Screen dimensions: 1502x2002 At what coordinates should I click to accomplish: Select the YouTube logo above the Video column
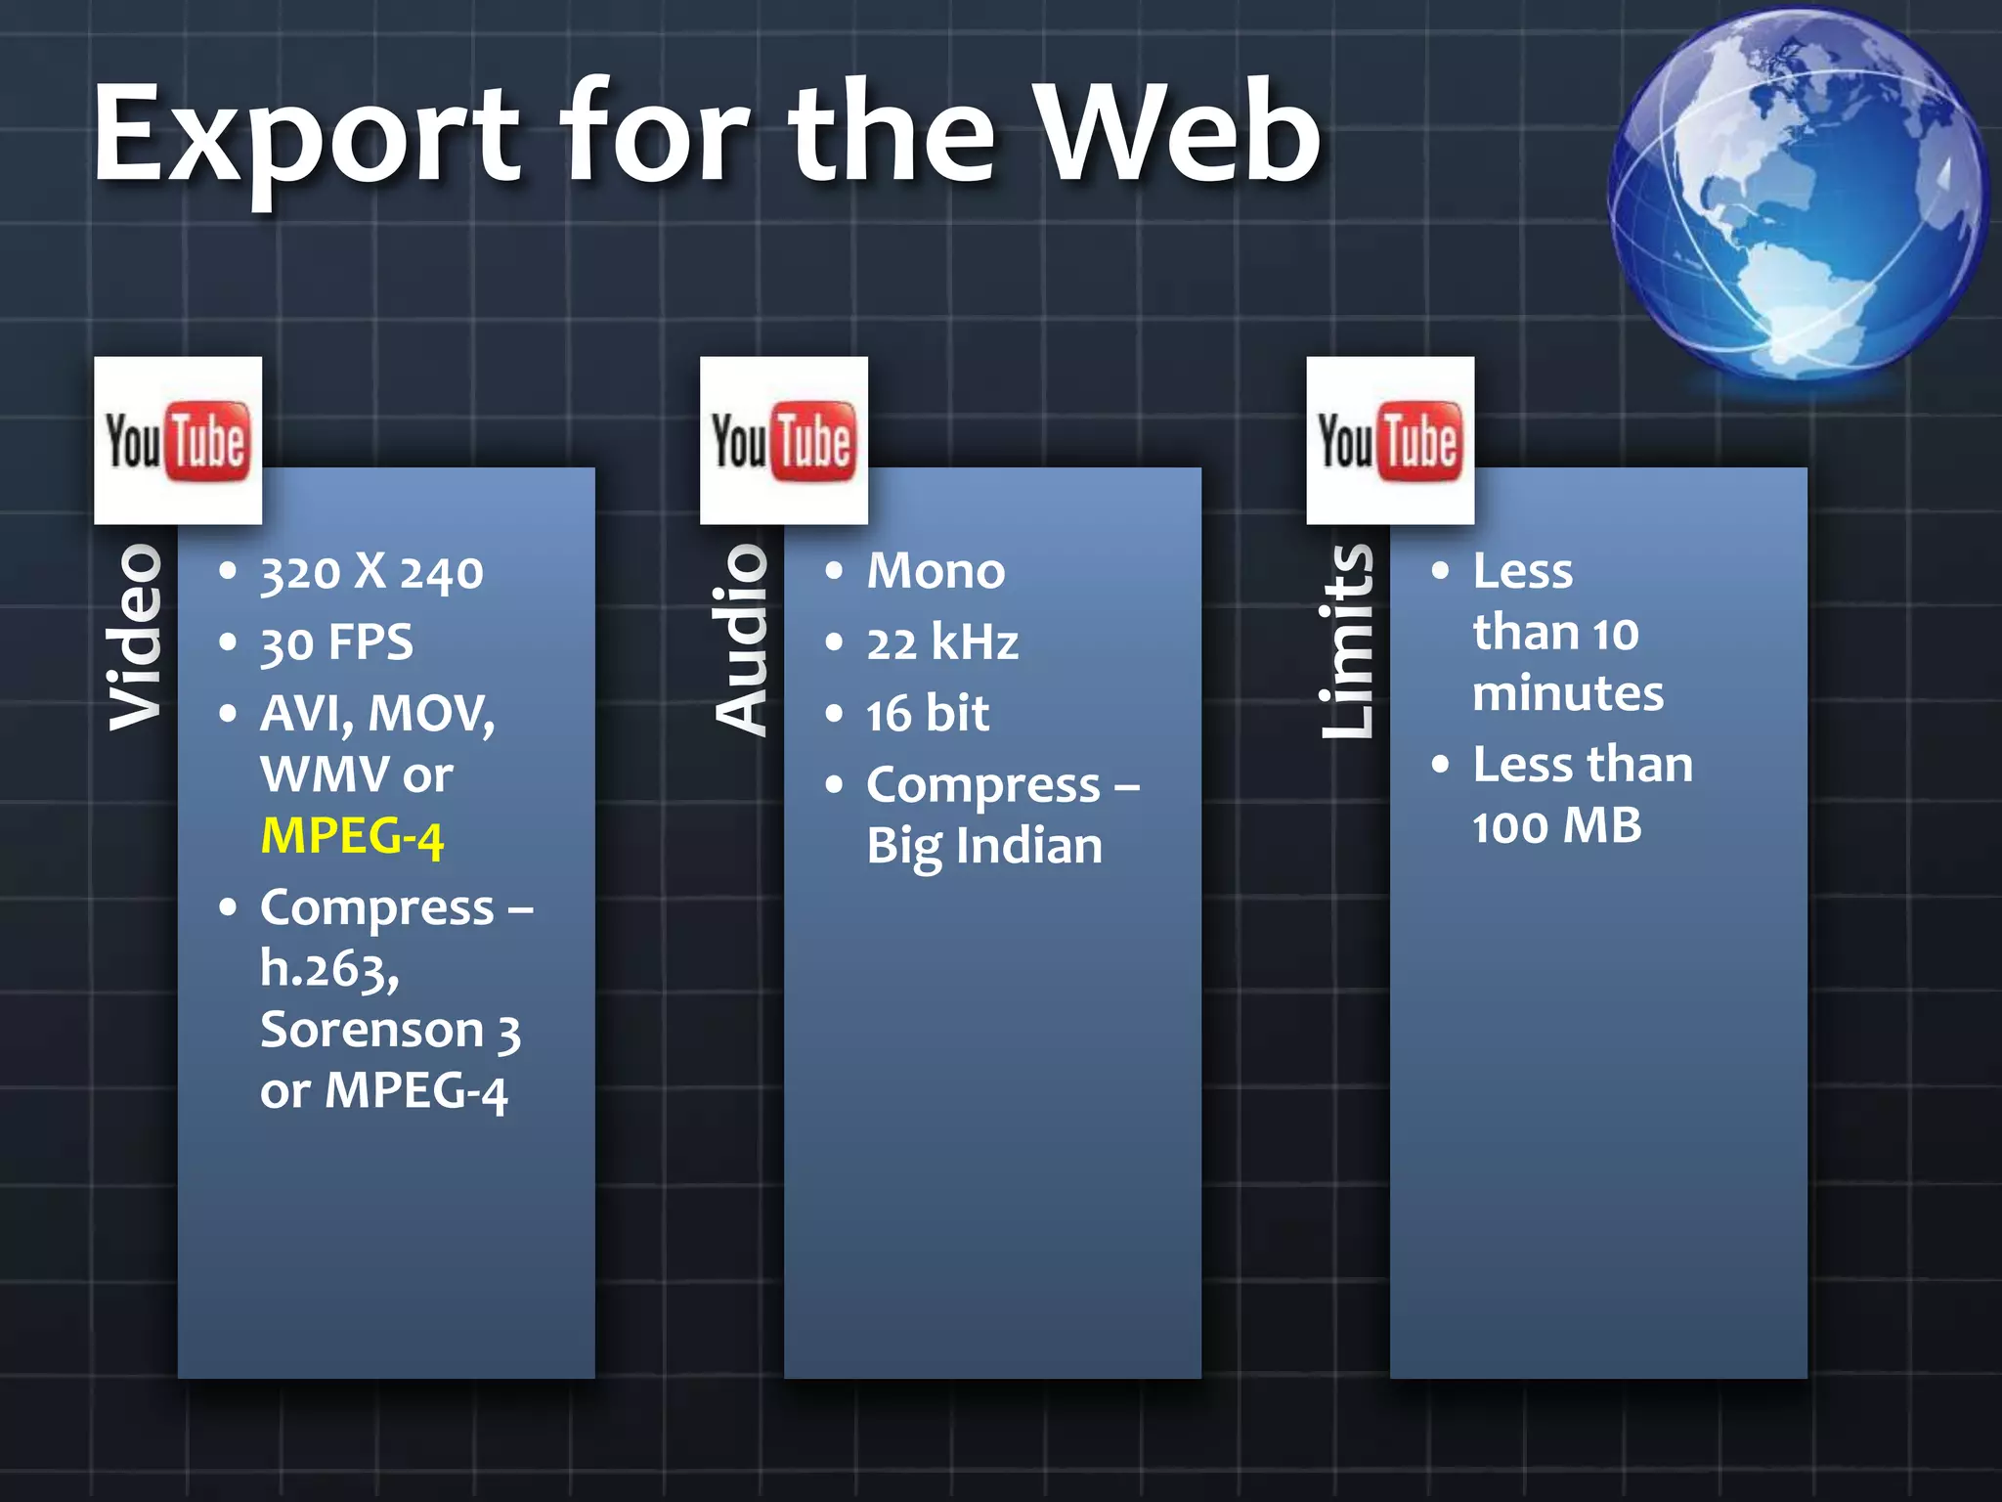178,440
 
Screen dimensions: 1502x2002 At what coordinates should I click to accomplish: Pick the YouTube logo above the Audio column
784,440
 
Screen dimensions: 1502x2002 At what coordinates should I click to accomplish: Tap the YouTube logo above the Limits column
1390,440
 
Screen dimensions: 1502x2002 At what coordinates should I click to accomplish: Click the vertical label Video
135,638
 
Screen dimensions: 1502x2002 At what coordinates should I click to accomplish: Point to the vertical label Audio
741,641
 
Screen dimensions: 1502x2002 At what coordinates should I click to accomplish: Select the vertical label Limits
1347,641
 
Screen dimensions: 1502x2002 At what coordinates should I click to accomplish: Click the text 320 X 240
371,572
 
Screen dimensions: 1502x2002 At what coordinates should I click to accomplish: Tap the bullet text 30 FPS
336,643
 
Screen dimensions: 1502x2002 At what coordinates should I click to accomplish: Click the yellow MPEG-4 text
352,837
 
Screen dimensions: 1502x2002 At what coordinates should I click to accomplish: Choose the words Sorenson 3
390,1031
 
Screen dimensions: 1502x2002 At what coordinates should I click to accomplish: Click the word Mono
936,571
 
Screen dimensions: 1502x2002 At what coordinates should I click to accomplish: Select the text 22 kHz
942,643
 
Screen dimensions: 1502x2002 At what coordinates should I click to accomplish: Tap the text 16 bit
927,714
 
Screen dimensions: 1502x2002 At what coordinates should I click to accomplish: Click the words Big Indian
984,847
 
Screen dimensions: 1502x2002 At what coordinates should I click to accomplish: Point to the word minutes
1568,694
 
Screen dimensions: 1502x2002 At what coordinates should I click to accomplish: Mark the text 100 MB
1556,826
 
